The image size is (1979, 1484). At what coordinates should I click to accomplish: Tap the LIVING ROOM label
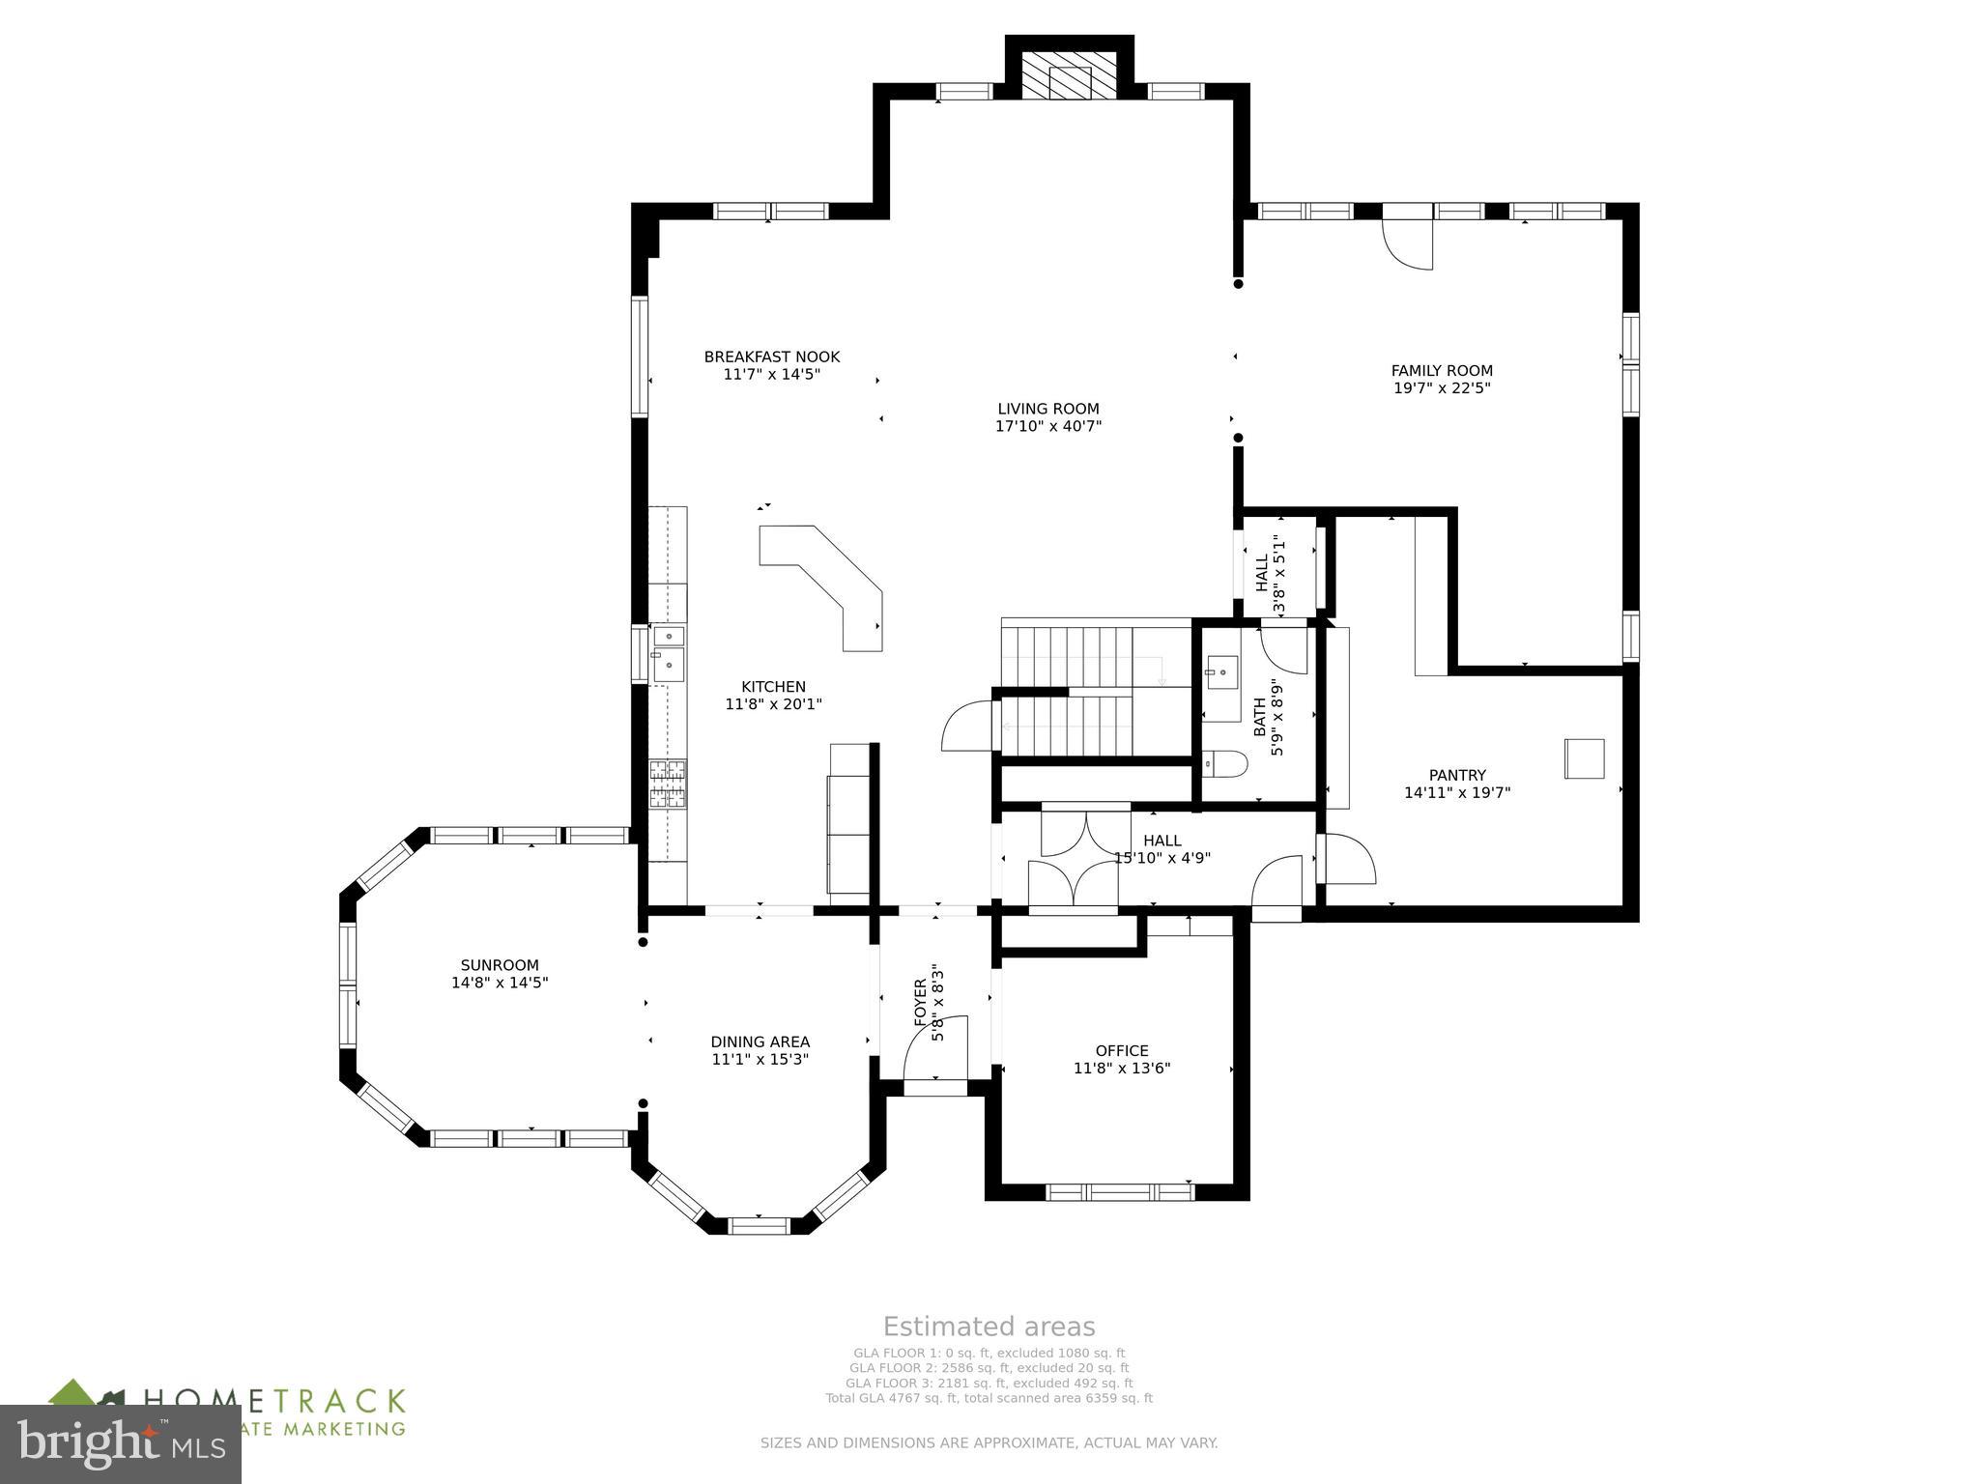pos(1048,409)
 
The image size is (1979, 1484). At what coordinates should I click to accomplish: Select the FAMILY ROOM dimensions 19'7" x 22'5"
pos(1442,388)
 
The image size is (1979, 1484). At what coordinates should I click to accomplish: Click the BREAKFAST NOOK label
pos(771,357)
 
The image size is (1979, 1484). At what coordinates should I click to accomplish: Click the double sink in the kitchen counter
pos(668,651)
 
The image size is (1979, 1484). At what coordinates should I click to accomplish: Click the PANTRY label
pos(1457,775)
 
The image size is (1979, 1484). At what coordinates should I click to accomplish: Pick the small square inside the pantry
pos(1585,758)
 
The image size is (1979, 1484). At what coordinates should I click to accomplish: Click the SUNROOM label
pos(500,965)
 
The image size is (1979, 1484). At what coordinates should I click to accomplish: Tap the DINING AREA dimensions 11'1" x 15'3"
pos(760,1059)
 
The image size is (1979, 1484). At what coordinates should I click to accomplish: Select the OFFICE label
pos(1122,1050)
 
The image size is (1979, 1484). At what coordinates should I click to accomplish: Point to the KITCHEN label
pos(773,687)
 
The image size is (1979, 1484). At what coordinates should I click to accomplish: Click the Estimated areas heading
pos(989,1327)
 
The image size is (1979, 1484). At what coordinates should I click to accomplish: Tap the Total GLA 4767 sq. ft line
pos(989,1398)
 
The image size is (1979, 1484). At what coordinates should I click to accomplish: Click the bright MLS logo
pos(120,1444)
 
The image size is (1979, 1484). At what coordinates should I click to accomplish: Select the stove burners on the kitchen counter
pos(667,783)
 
